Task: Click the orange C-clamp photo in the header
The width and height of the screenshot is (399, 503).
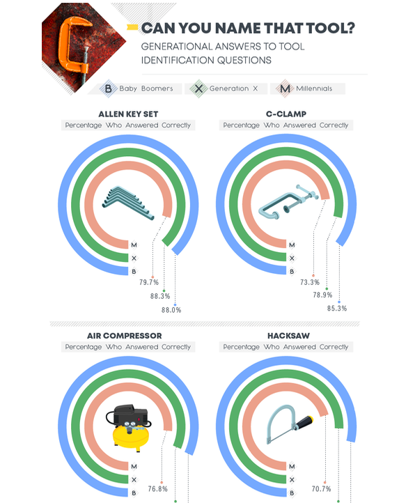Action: [x=74, y=45]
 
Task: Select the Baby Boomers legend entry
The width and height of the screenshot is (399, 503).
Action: [x=136, y=88]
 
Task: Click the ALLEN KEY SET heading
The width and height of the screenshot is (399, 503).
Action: [x=128, y=114]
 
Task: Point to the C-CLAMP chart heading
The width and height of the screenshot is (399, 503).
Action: [x=286, y=114]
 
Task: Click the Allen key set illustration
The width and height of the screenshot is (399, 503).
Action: [x=128, y=203]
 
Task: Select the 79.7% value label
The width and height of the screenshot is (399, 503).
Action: [x=149, y=282]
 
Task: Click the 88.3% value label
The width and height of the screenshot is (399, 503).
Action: [x=160, y=296]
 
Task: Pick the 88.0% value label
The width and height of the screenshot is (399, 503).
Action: [x=171, y=310]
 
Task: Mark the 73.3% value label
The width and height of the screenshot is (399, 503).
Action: [x=310, y=282]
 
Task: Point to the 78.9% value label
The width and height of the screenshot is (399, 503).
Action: [x=322, y=295]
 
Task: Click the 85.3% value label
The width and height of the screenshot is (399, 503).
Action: [x=337, y=309]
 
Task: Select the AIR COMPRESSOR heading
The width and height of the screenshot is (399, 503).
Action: [x=125, y=336]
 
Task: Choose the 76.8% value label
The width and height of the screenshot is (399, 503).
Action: [x=158, y=489]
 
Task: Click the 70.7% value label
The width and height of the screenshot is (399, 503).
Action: [x=322, y=489]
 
